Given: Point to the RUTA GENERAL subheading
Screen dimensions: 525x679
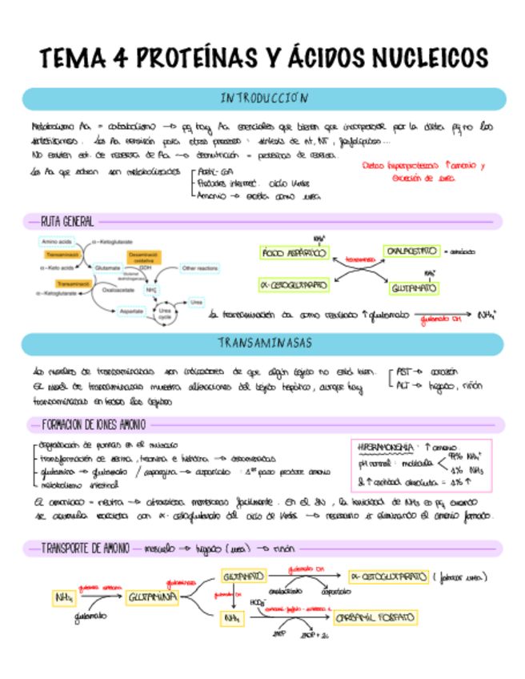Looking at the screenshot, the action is [67, 221].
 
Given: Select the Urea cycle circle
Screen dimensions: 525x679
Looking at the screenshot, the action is [165, 313].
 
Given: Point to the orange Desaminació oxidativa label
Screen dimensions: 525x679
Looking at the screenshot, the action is [143, 255].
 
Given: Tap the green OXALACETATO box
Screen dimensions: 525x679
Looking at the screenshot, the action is [411, 251].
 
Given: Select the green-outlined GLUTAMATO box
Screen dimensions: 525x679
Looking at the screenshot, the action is [413, 287].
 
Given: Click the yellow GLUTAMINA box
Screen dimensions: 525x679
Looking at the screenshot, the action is [153, 597].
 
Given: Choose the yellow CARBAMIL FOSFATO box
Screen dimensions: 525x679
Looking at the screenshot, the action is [376, 618].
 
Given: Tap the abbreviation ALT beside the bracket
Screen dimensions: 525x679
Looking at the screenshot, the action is [404, 384].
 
